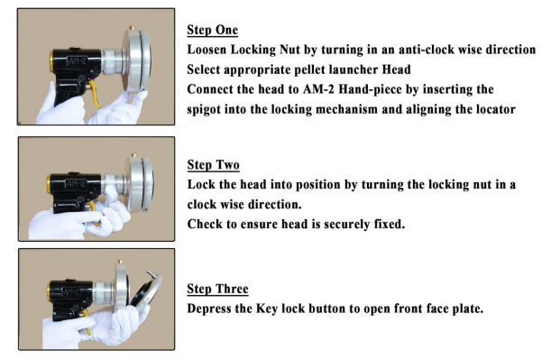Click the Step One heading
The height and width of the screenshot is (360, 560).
click(x=213, y=30)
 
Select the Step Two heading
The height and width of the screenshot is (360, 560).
click(x=213, y=165)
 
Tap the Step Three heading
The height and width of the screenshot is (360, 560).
click(x=217, y=289)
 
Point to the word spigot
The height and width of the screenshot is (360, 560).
click(x=204, y=109)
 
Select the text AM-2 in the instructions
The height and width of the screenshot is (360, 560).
click(x=318, y=89)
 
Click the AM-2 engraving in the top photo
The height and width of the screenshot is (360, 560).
click(x=77, y=61)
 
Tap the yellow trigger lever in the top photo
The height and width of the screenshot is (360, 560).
click(x=95, y=93)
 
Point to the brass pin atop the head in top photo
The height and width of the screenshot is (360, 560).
click(x=132, y=27)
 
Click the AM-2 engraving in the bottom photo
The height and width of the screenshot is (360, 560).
click(x=70, y=292)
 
